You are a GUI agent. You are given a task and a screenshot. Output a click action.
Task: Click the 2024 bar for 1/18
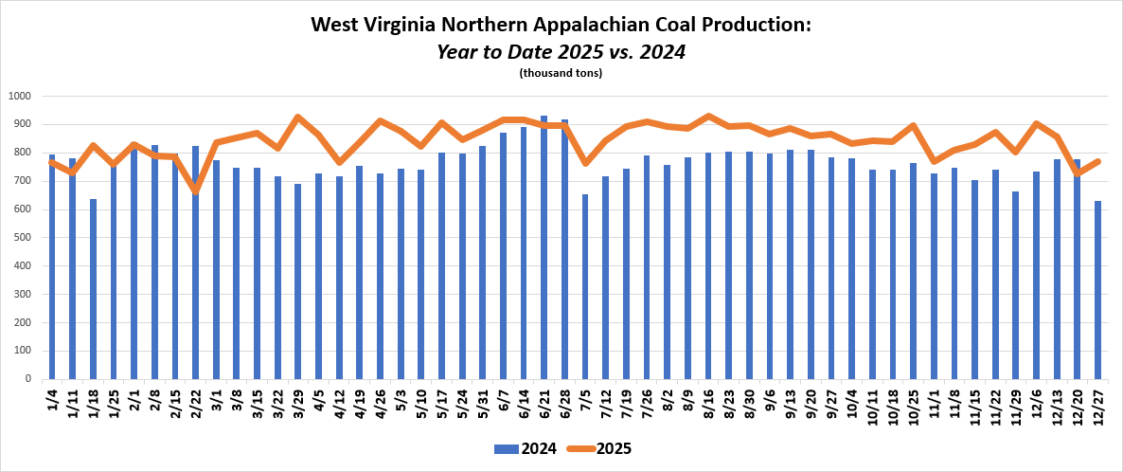pos(93,289)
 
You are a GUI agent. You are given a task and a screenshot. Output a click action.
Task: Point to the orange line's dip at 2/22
pos(195,191)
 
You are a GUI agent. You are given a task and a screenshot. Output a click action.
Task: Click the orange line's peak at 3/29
pos(297,118)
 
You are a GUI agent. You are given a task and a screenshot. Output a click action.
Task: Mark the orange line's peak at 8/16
pos(707,117)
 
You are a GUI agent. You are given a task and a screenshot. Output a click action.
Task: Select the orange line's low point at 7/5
pos(584,163)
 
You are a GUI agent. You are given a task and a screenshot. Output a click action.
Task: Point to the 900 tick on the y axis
pos(20,124)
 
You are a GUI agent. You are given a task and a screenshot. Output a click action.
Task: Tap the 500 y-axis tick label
pos(20,238)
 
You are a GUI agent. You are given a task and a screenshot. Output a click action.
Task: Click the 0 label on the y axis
pos(28,379)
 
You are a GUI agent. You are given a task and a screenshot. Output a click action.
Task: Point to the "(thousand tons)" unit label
pos(561,73)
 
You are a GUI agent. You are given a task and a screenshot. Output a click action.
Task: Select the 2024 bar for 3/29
pos(297,281)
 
